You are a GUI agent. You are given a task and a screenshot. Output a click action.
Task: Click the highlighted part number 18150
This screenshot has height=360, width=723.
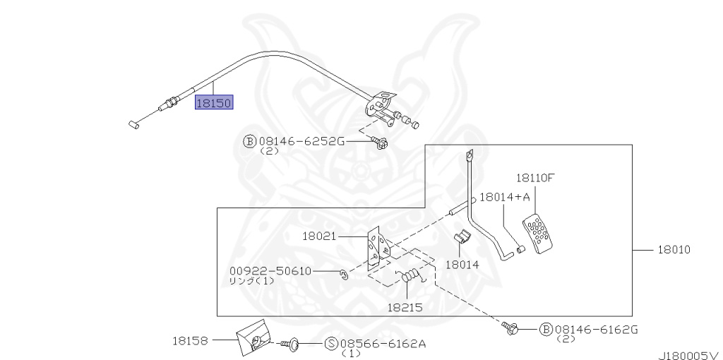(x=214, y=102)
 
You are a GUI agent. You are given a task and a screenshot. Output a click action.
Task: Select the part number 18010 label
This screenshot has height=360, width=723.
(x=674, y=250)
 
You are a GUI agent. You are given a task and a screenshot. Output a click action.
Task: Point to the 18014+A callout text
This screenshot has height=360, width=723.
(x=505, y=197)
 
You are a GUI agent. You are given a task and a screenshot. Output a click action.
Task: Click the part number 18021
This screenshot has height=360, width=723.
(x=320, y=236)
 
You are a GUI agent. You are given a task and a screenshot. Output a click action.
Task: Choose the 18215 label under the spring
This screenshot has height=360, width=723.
(x=405, y=307)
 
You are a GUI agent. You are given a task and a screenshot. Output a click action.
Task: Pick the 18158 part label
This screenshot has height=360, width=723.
(x=190, y=341)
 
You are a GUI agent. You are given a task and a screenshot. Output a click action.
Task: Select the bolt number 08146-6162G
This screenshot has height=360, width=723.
(x=596, y=329)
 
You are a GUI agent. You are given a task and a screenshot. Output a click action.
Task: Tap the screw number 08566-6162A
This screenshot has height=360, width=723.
(x=383, y=343)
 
